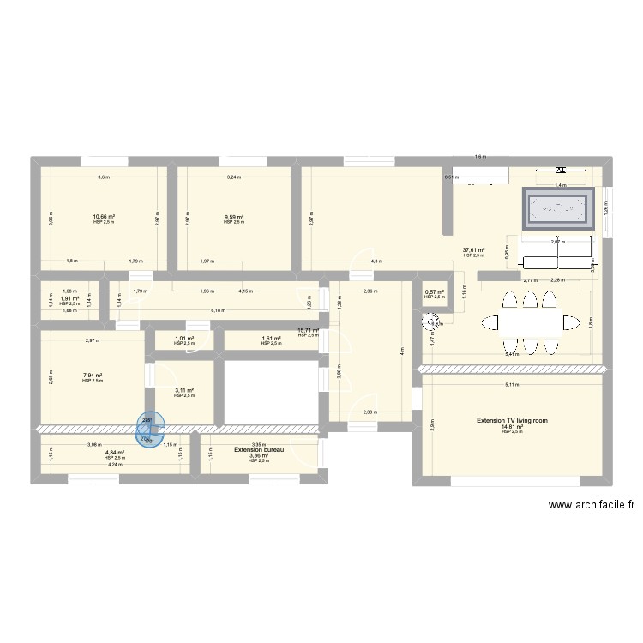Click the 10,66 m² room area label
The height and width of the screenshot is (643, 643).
pyautogui.click(x=104, y=218)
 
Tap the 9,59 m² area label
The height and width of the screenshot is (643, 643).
pyautogui.click(x=234, y=218)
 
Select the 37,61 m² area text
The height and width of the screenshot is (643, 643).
pyautogui.click(x=474, y=250)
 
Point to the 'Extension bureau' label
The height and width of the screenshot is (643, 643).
pyautogui.click(x=258, y=448)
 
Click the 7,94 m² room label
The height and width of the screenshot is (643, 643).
pyautogui.click(x=93, y=376)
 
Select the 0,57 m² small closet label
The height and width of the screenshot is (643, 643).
pyautogui.click(x=435, y=292)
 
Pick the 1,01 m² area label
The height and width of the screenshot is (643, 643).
pyautogui.click(x=184, y=339)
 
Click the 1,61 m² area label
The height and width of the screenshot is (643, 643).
pyautogui.click(x=271, y=339)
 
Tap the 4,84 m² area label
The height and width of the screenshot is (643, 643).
pyautogui.click(x=115, y=453)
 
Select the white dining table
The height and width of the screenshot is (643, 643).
pyautogui.click(x=529, y=322)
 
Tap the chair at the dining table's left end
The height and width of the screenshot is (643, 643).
pyautogui.click(x=490, y=322)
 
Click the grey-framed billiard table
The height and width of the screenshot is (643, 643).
pyautogui.click(x=556, y=208)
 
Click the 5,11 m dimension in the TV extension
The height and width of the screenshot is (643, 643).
pyautogui.click(x=511, y=385)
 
